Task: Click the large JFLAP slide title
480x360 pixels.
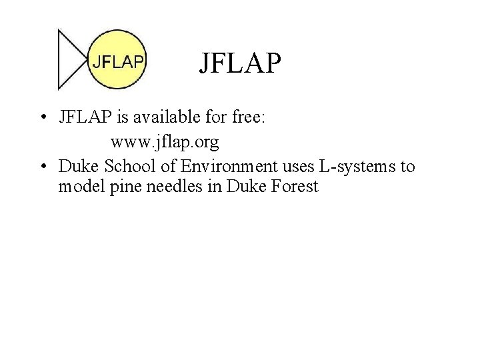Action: tap(240, 64)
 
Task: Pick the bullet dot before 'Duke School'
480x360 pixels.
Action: tap(43, 165)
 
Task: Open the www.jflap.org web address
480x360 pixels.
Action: tap(165, 143)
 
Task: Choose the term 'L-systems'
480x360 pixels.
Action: tap(359, 165)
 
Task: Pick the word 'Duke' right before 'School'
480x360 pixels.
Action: tap(75, 165)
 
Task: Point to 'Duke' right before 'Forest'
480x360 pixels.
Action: tap(243, 187)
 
